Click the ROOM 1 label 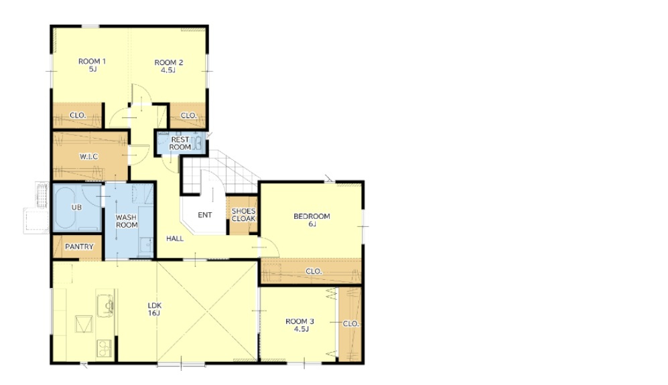click(92, 65)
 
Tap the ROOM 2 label click(168, 66)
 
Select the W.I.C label click(88, 157)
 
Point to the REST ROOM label click(180, 143)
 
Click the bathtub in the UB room click(65, 208)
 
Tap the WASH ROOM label click(127, 221)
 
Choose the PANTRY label click(79, 246)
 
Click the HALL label click(175, 238)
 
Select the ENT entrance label click(205, 215)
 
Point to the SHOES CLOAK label click(244, 215)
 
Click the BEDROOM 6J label click(312, 220)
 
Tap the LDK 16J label click(154, 309)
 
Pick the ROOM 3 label click(300, 325)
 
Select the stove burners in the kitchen click(104, 349)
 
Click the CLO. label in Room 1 click(78, 115)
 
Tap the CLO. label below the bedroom click(314, 271)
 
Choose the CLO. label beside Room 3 click(350, 323)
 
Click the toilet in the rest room click(197, 143)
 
